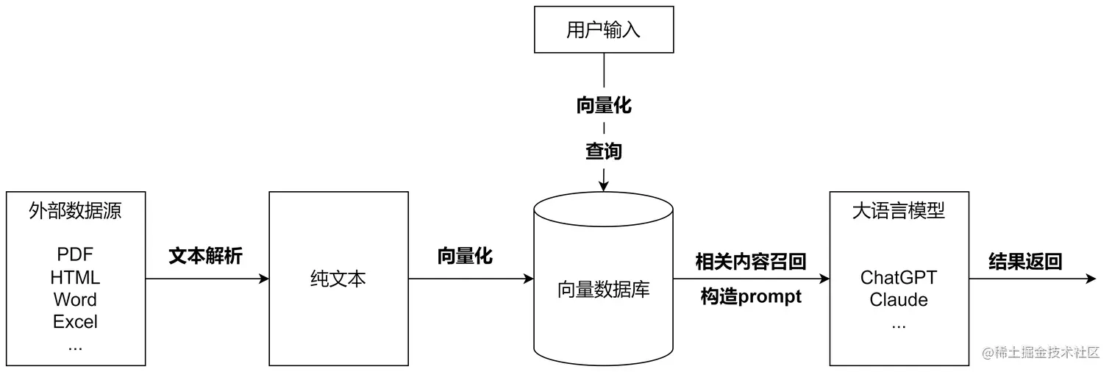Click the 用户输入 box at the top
pos(603,30)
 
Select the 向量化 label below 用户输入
pos(603,105)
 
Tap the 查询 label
pos(603,151)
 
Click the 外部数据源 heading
pos(75,212)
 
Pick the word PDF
pos(75,255)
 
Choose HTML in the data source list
pos(75,278)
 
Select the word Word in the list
pos(75,300)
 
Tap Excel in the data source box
pos(75,322)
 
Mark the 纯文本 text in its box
pos(338,279)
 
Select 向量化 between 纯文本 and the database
pos(465,256)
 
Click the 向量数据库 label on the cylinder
pos(603,290)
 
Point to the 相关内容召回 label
pos(751,261)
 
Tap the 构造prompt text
pos(751,297)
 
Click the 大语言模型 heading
pos(899,212)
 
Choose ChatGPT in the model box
pos(899,278)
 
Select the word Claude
pos(899,300)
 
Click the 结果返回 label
pos(1025,261)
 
